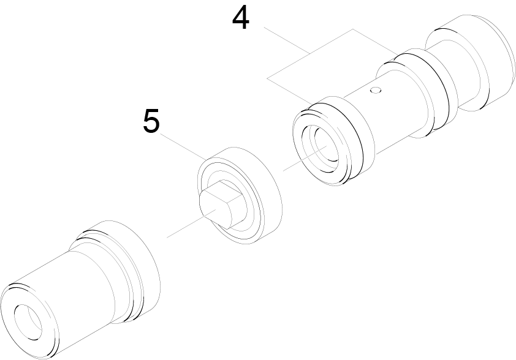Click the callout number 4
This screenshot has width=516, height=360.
241,18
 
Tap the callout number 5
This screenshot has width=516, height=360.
152,121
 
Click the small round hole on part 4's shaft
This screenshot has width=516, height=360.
376,90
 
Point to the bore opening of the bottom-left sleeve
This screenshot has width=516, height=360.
28,322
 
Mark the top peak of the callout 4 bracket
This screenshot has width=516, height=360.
353,29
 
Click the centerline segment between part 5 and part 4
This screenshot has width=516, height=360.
305,158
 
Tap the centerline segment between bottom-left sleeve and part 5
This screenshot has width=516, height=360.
192,223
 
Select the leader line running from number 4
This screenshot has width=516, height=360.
286,41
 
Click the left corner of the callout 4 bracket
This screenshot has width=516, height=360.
267,78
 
